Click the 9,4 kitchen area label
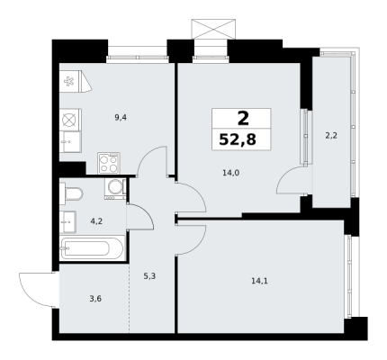point(121,118)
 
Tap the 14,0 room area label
point(230,173)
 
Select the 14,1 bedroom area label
point(259,281)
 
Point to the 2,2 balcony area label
point(331,136)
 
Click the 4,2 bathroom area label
point(96,221)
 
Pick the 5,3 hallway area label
point(149,276)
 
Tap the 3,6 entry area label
point(95,299)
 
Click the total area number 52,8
point(238,139)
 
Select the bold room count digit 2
point(243,119)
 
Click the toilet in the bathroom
point(71,193)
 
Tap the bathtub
point(92,248)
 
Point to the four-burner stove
point(109,163)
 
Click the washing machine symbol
point(115,188)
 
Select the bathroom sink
point(67,221)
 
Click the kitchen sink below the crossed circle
point(70,142)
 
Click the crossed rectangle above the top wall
point(213,29)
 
